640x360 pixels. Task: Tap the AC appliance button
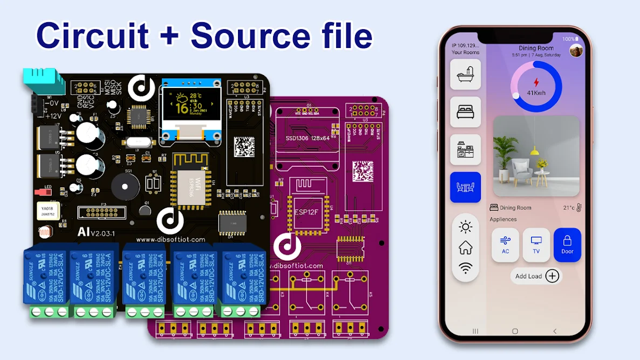tap(505, 244)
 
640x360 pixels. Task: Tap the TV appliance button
tap(536, 244)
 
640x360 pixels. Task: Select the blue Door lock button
tap(567, 244)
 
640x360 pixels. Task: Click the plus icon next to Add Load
tap(552, 276)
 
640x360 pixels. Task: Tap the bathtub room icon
tap(465, 74)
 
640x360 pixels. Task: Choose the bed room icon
tap(465, 112)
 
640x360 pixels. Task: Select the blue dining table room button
tap(465, 187)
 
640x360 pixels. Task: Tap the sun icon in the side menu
tap(465, 227)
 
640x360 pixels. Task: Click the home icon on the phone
tap(465, 248)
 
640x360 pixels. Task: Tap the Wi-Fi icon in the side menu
tap(465, 268)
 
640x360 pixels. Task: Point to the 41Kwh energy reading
tap(536, 93)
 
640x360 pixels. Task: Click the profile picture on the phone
tap(576, 51)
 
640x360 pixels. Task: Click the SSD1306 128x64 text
tap(307, 138)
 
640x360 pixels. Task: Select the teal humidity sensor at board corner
tap(43, 83)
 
